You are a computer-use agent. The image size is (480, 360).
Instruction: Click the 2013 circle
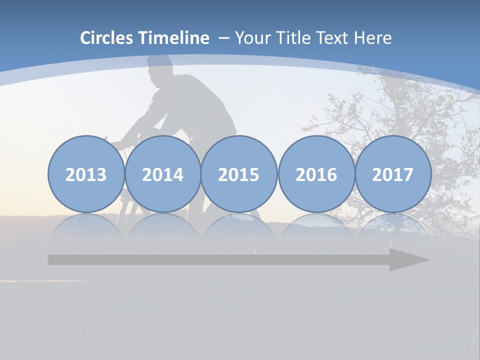point(86,174)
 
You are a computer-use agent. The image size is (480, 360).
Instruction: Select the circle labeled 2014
point(162,174)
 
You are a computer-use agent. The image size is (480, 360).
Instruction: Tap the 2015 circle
point(239,174)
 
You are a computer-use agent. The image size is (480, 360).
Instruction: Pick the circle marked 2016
point(316,174)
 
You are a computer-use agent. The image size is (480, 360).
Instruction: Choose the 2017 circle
point(392,174)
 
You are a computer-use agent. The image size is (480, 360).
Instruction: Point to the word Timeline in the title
point(174,38)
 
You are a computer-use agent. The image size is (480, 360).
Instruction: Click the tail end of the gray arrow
point(52,260)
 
